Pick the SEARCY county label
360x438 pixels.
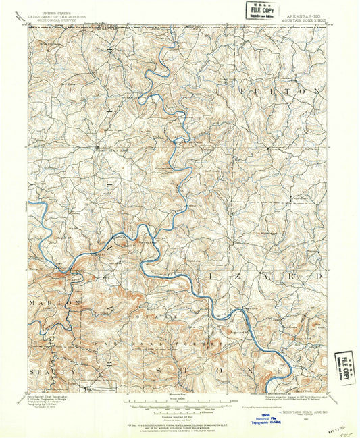pyautogui.click(x=51, y=372)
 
